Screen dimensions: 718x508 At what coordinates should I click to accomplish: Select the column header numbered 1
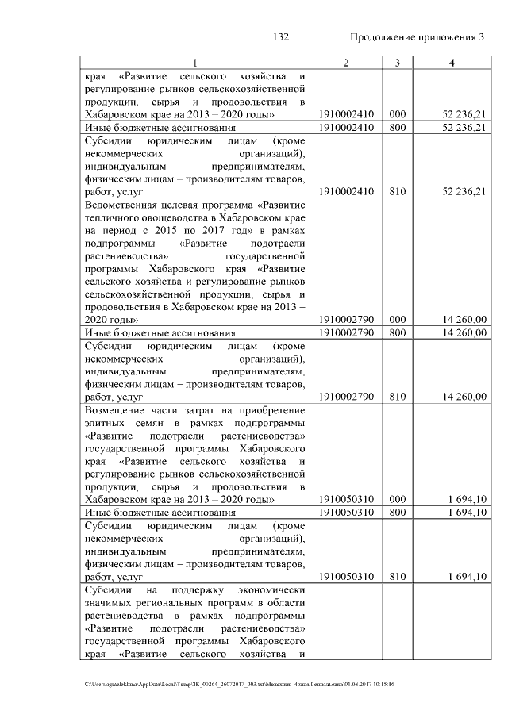(196, 63)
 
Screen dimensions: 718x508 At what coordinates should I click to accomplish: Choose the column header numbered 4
(451, 63)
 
